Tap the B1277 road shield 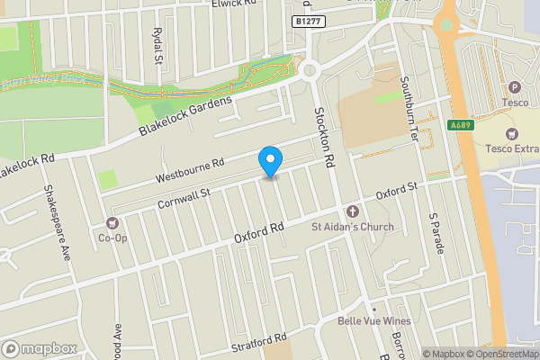tap(308, 20)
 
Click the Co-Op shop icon tap(112, 222)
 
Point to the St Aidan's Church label tap(353, 226)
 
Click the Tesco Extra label tap(511, 148)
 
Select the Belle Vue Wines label tap(373, 321)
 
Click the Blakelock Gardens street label tap(186, 115)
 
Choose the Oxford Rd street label tap(259, 233)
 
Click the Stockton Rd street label tap(324, 135)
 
